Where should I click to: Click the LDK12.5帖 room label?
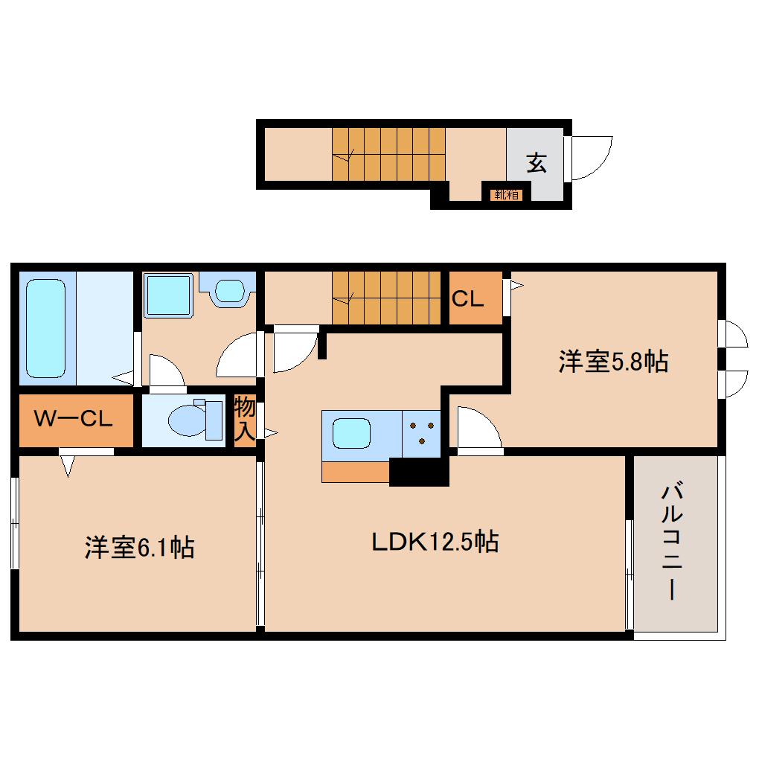tap(435, 542)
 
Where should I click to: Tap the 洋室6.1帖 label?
tap(139, 548)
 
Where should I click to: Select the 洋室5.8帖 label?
tap(613, 361)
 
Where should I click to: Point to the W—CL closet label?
tap(73, 418)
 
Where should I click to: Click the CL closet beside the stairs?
tap(475, 298)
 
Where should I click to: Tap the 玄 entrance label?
tap(537, 163)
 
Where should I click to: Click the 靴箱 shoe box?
tap(506, 195)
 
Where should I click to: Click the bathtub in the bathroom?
tap(46, 328)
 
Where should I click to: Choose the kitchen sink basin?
tap(351, 433)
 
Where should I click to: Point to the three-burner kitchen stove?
tap(421, 434)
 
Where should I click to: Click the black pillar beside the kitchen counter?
tap(419, 472)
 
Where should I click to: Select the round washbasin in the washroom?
tap(230, 292)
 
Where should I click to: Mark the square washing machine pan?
tap(168, 295)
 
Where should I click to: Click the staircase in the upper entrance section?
tap(388, 154)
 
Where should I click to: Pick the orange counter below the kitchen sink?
tap(356, 472)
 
